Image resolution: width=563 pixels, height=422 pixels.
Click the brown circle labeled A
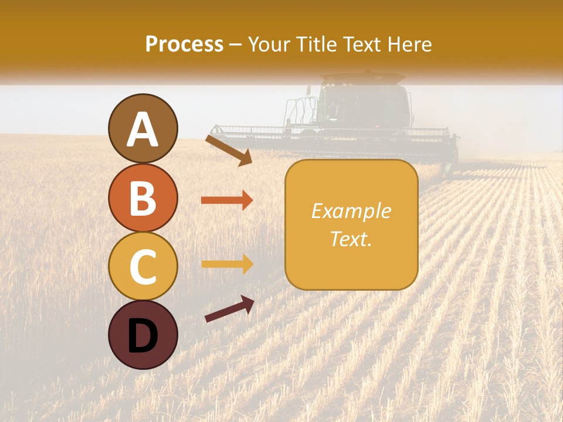143,128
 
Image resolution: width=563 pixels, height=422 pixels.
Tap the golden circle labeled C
143,266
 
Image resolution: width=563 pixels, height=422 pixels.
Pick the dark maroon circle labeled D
143,335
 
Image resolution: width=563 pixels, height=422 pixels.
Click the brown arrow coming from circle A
229,150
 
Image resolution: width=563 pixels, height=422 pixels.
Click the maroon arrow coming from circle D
229,309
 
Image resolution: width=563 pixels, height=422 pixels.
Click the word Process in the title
184,44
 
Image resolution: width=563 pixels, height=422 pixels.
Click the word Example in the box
351,211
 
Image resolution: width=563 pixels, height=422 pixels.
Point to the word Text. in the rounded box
351,239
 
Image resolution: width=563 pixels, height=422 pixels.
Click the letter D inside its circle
143,336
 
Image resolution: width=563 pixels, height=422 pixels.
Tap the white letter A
143,130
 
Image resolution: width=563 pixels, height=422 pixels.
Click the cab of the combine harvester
364,105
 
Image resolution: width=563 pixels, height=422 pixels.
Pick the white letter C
143,267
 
